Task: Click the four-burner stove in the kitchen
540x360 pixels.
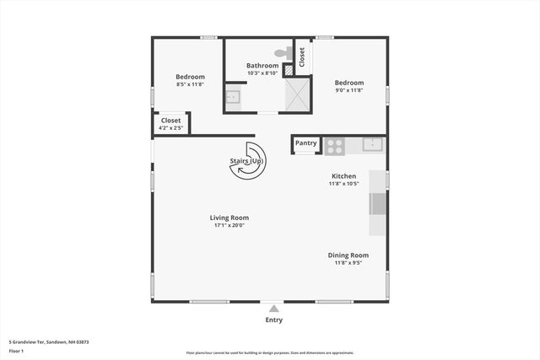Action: pos(335,145)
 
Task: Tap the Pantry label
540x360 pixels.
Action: pos(306,143)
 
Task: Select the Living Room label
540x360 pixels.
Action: pos(229,218)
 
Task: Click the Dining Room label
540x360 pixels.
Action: pos(348,255)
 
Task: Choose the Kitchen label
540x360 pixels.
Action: pos(343,176)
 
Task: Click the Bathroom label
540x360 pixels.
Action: pos(262,66)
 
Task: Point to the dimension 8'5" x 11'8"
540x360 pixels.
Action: pos(190,84)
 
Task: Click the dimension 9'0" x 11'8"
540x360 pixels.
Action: pos(348,90)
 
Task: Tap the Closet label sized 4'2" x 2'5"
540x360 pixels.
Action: pos(170,121)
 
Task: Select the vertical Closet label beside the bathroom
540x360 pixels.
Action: pos(302,56)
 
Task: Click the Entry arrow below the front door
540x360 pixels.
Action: pos(273,309)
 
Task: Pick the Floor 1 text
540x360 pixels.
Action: pos(17,351)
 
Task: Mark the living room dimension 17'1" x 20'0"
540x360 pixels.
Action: pos(229,225)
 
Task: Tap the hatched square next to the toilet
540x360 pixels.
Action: pos(288,67)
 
